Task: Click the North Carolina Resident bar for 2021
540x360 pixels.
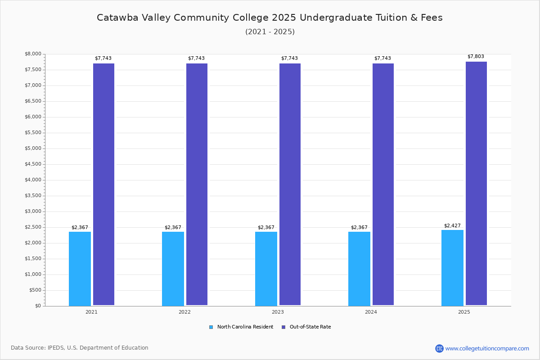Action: (80, 269)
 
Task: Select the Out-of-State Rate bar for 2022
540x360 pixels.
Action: (197, 184)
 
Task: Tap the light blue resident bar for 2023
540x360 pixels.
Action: (266, 269)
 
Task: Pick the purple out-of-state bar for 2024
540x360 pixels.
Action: (383, 184)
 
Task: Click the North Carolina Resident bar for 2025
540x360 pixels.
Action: (452, 268)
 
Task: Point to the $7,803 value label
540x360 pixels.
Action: (476, 56)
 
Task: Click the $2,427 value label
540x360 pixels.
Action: (452, 225)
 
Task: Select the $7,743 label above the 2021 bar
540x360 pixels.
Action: (103, 58)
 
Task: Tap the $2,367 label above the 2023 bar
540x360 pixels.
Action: (266, 227)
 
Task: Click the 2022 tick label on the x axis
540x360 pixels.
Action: (184, 312)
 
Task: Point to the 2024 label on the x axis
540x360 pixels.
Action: (371, 312)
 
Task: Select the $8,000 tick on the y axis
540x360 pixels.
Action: (33, 54)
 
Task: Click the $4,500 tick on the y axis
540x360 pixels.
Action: (33, 164)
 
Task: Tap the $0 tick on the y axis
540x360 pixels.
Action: (38, 306)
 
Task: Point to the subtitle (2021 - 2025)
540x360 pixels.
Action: (270, 31)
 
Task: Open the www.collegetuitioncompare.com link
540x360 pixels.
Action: (487, 348)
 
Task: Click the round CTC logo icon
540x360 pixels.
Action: (439, 348)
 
